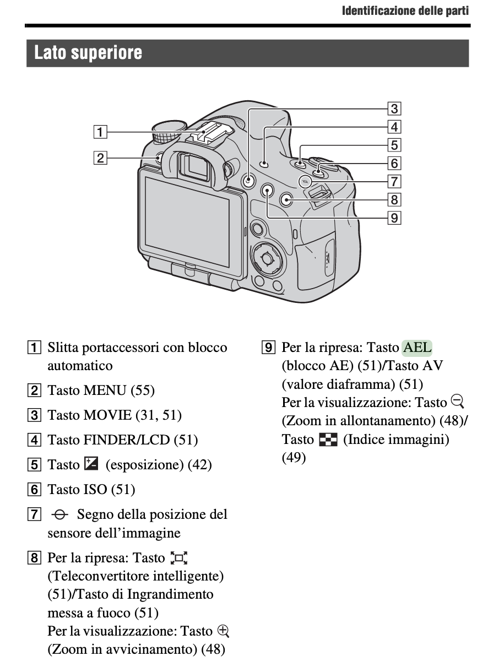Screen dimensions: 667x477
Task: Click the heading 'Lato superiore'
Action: (x=88, y=53)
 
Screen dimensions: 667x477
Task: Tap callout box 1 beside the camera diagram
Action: (x=99, y=132)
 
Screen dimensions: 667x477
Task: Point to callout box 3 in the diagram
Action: (x=394, y=109)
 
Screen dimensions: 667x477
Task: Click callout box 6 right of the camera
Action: (x=394, y=163)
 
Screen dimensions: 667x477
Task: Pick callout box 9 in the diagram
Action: (x=394, y=218)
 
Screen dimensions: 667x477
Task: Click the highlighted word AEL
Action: (x=418, y=348)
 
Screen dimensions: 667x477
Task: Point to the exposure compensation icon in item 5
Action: (x=91, y=464)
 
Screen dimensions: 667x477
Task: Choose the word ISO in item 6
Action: (x=95, y=489)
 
